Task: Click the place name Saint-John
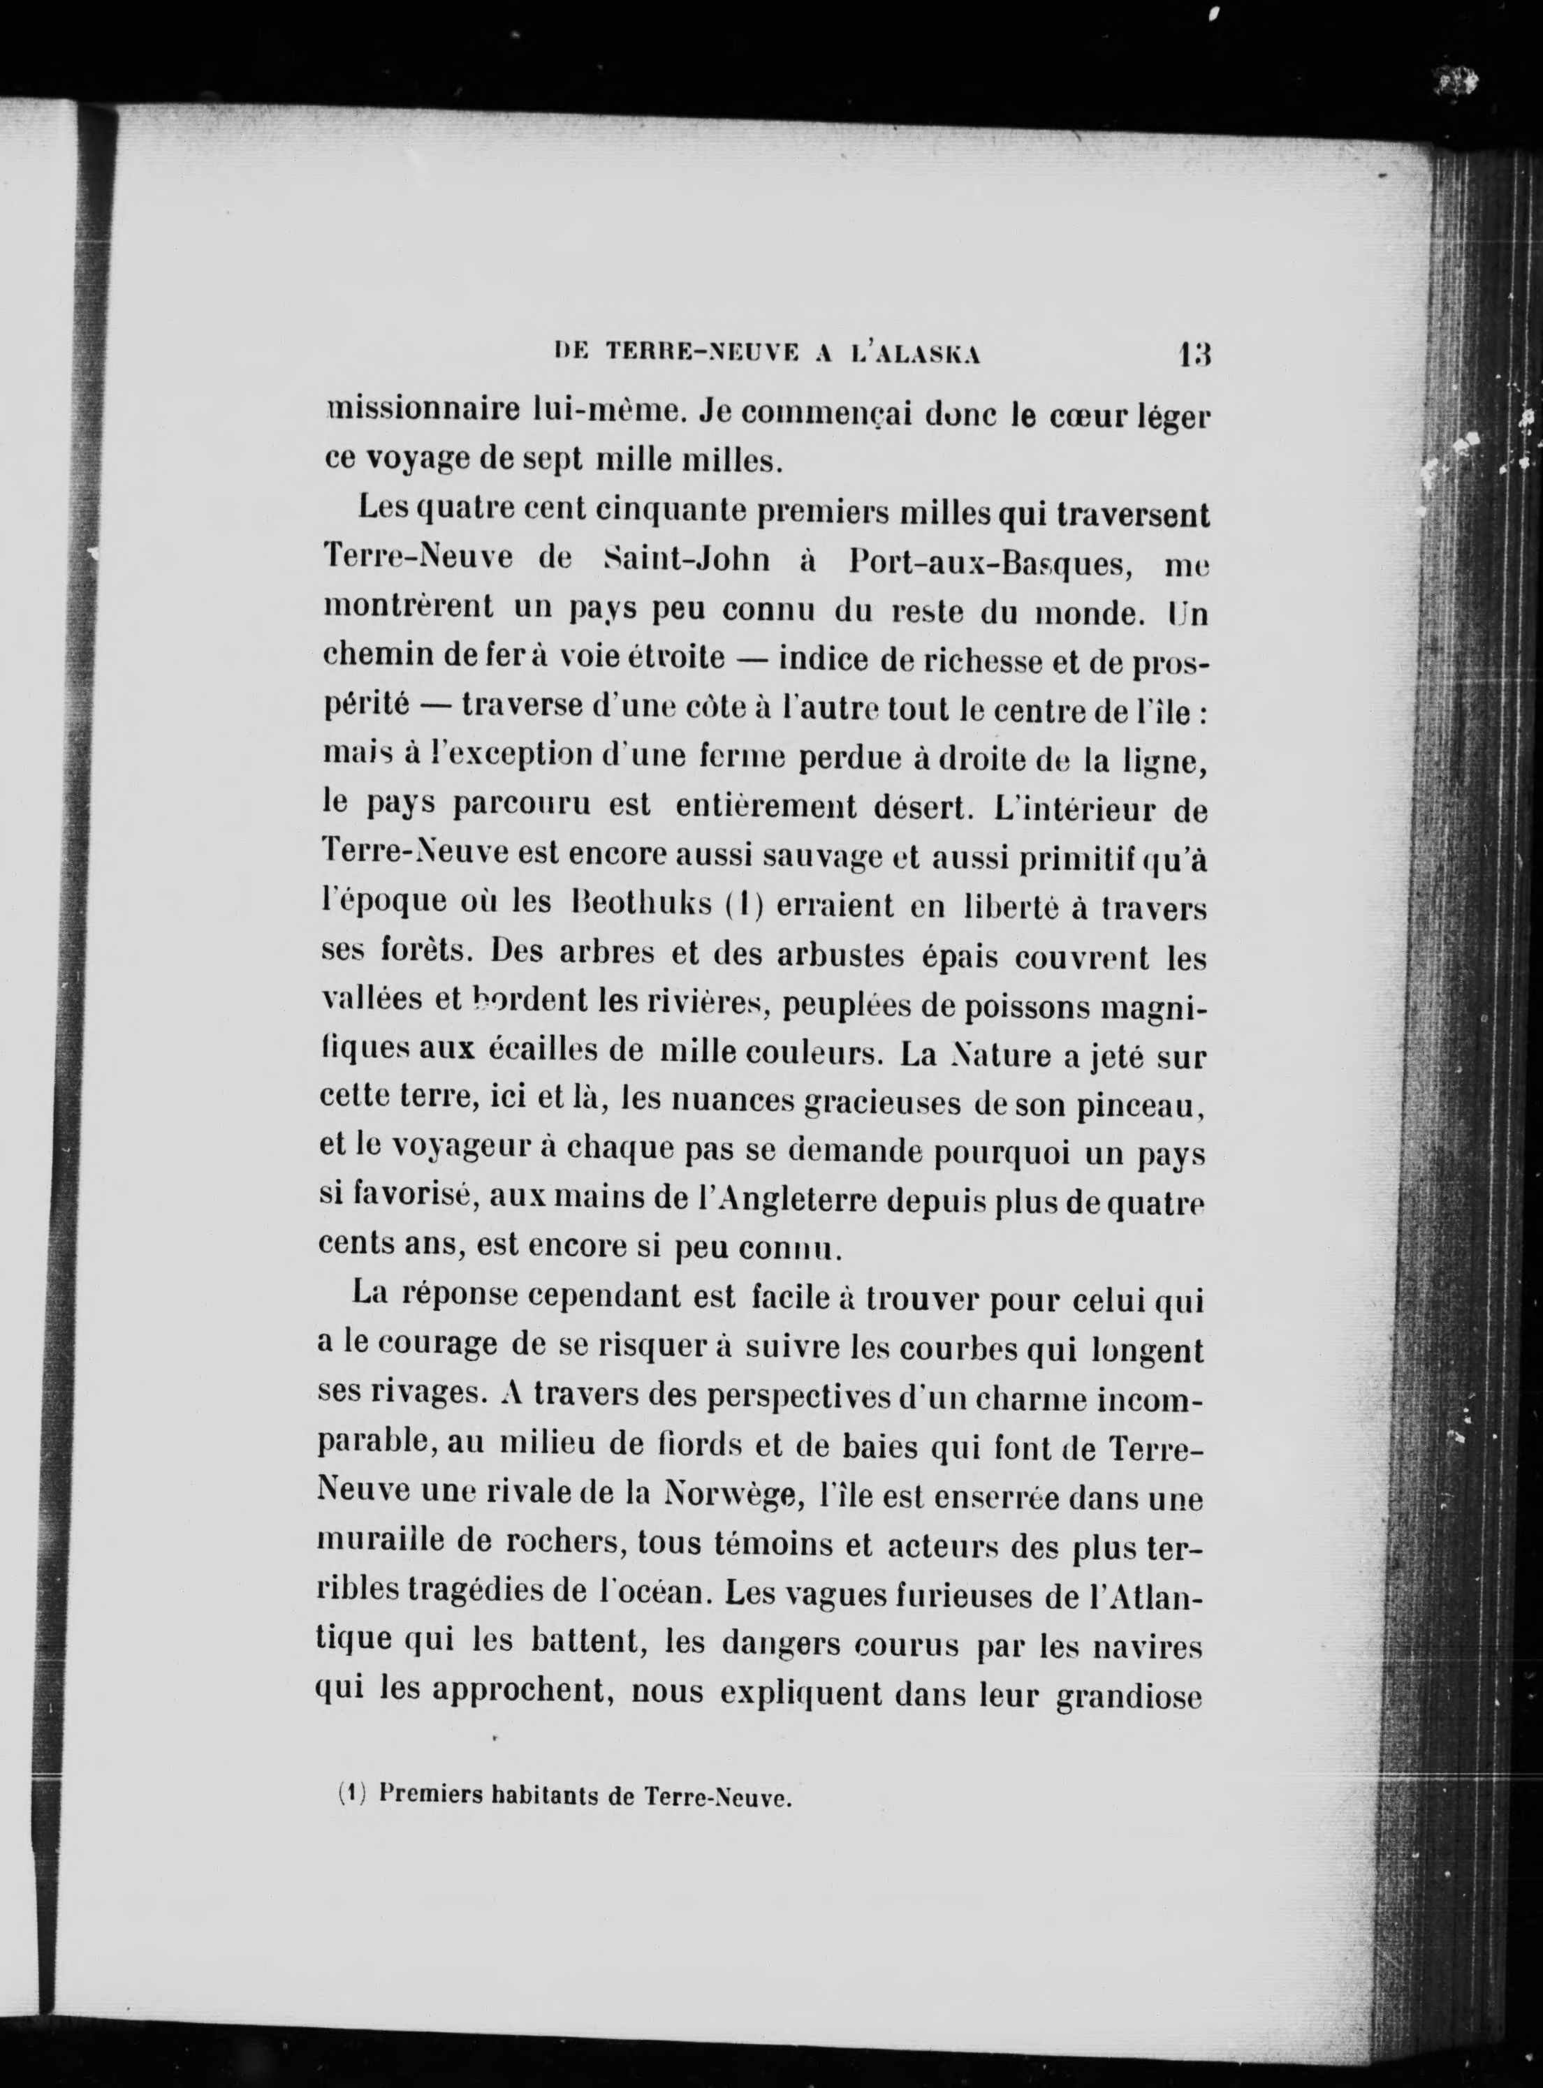pos(687,560)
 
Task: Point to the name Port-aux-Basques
pos(995,562)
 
